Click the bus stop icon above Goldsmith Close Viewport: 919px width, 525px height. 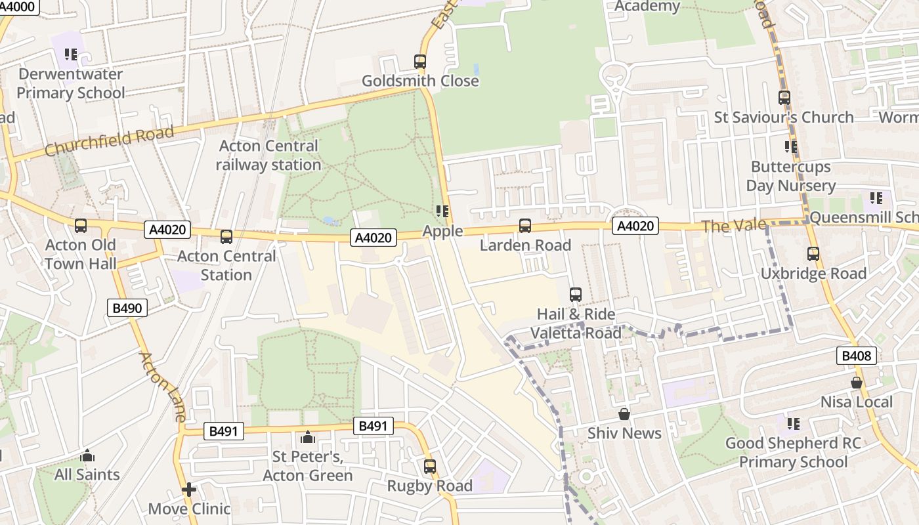pyautogui.click(x=420, y=62)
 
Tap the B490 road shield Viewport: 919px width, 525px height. pyautogui.click(x=127, y=307)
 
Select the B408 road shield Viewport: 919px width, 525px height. pyautogui.click(x=857, y=356)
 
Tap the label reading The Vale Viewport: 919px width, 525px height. pyautogui.click(x=733, y=226)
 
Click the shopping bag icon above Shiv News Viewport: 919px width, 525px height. pyautogui.click(x=624, y=414)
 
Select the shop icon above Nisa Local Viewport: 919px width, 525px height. pyautogui.click(x=857, y=383)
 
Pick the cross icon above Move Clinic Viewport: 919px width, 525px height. pyautogui.click(x=189, y=490)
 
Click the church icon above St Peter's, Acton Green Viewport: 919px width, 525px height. pyautogui.click(x=307, y=437)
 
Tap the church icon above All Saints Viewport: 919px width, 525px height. pyautogui.click(x=87, y=455)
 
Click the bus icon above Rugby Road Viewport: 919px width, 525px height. pyautogui.click(x=430, y=467)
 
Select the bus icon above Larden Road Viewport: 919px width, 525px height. pyautogui.click(x=525, y=226)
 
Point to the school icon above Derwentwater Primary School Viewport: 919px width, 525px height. pyautogui.click(x=70, y=54)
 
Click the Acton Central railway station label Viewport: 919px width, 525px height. pyautogui.click(x=268, y=156)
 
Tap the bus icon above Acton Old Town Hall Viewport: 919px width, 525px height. pyautogui.click(x=81, y=226)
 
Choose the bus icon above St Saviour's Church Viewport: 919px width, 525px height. pyautogui.click(x=784, y=98)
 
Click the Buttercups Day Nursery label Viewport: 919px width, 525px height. pyautogui.click(x=791, y=177)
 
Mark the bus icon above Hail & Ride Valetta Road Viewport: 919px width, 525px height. pyautogui.click(x=576, y=295)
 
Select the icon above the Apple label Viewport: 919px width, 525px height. pyautogui.click(x=442, y=211)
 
